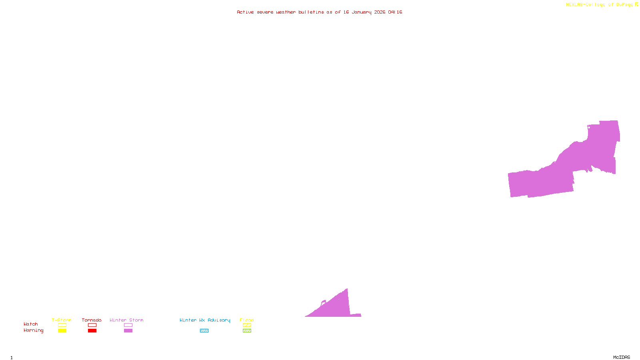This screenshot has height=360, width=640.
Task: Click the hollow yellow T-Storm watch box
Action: pos(62,325)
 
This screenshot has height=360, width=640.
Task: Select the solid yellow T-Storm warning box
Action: pos(62,331)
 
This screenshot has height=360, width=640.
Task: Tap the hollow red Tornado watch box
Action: pos(92,325)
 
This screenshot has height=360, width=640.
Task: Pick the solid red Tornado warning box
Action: pos(92,331)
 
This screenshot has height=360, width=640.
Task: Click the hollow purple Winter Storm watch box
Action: pos(128,325)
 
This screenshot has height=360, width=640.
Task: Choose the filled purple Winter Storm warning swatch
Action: pos(128,331)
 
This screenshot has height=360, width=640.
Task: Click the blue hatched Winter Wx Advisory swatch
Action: pos(204,331)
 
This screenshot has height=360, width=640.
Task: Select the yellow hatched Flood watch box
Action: pos(247,325)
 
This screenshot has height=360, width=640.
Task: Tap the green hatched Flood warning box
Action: pos(247,331)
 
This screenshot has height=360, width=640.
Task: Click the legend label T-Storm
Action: pos(62,320)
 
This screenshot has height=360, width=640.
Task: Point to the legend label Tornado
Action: pos(92,320)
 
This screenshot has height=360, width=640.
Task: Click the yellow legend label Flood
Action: pos(247,320)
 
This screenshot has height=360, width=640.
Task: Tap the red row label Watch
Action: pos(31,324)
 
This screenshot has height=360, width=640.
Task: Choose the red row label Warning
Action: pos(34,330)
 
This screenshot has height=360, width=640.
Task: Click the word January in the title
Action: pos(362,12)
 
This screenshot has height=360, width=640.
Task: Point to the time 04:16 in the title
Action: pos(395,12)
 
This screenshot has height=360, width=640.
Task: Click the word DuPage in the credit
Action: pos(624,5)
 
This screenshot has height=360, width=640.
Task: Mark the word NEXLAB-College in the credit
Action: pos(586,5)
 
